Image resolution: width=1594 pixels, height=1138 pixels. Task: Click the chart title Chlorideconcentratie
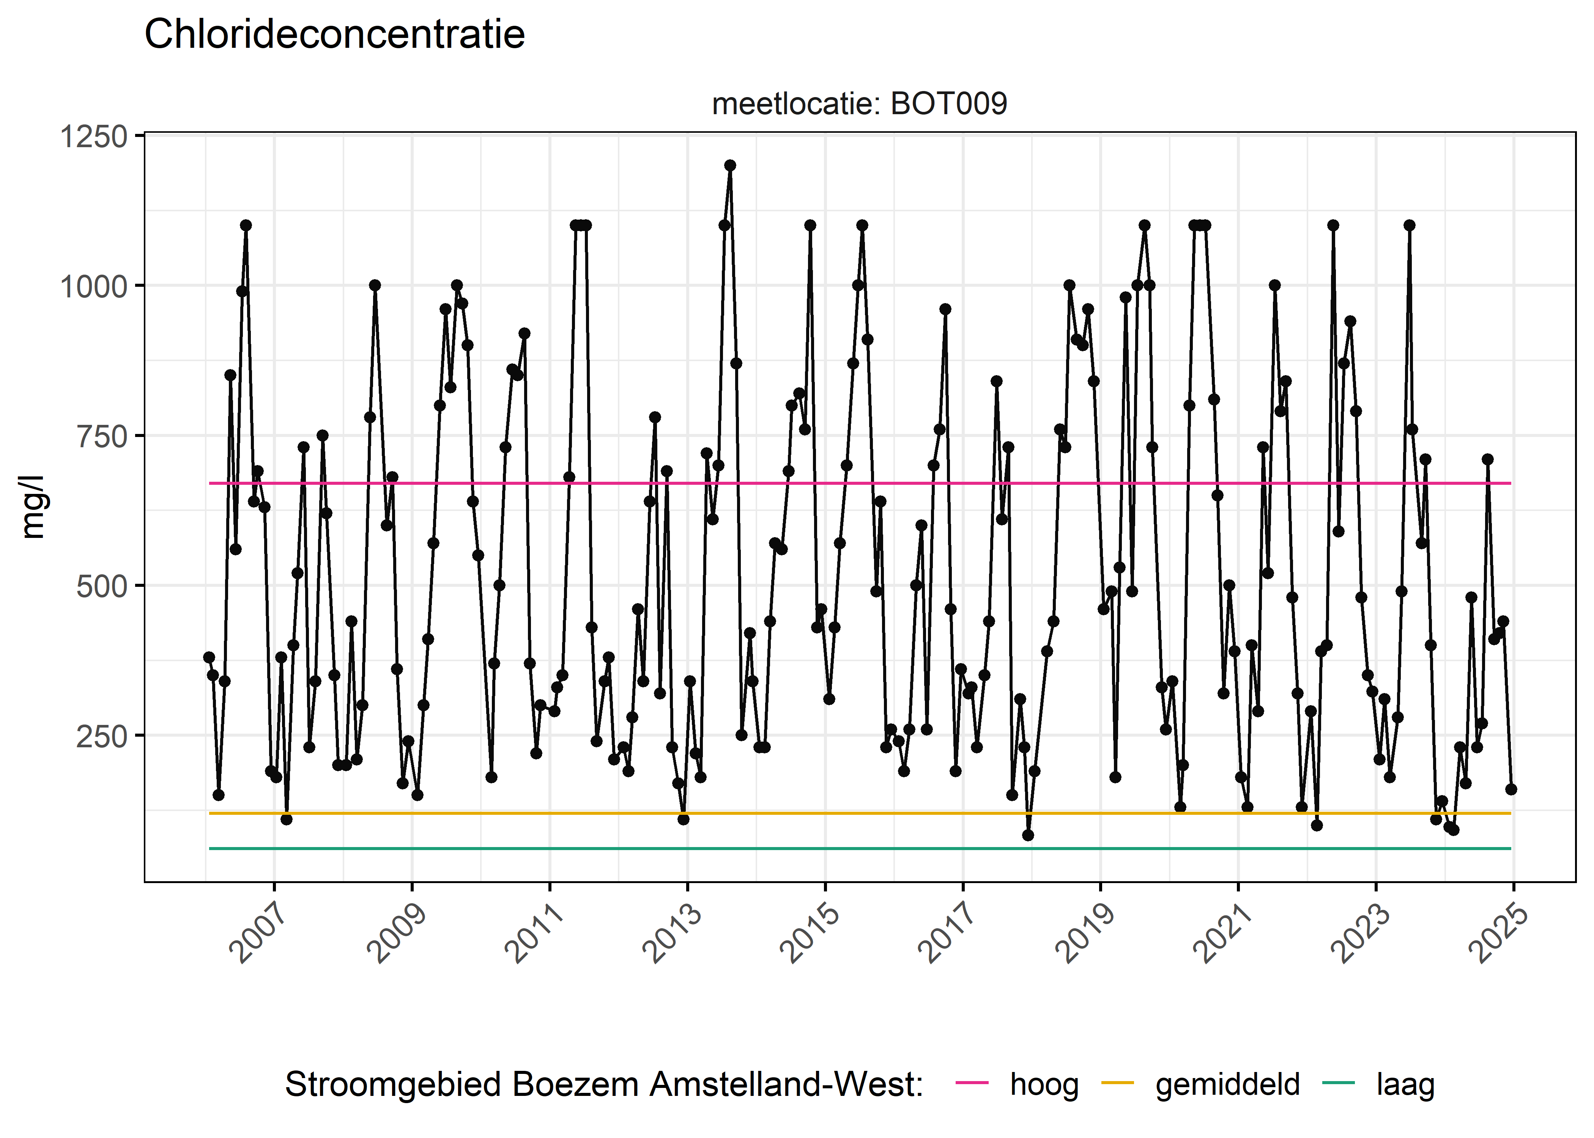pyautogui.click(x=334, y=35)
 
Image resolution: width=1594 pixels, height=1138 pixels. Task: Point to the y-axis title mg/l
pyautogui.click(x=32, y=507)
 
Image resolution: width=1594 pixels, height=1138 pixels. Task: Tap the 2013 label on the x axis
pyautogui.click(x=673, y=934)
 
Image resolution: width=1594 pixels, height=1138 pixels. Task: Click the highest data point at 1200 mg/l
pyautogui.click(x=730, y=165)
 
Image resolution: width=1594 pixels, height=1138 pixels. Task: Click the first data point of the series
pyautogui.click(x=209, y=657)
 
